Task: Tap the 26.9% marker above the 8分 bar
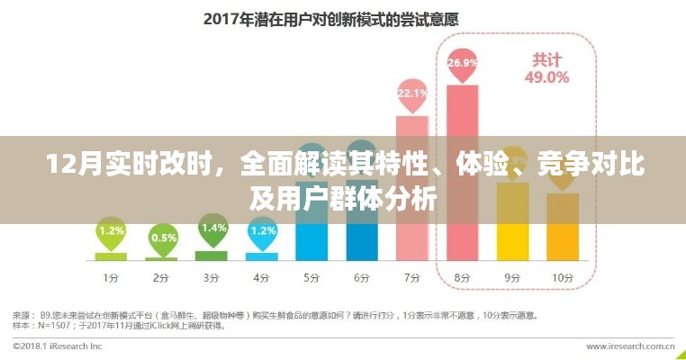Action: pyautogui.click(x=462, y=63)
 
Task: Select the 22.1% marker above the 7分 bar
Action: pyautogui.click(x=412, y=93)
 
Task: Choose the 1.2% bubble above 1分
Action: pyautogui.click(x=111, y=230)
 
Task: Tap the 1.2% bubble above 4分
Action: pyautogui.click(x=263, y=230)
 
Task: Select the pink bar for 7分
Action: pyautogui.click(x=412, y=189)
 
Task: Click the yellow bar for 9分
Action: pyautogui.click(x=513, y=229)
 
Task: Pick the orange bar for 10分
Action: pyautogui.click(x=564, y=234)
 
